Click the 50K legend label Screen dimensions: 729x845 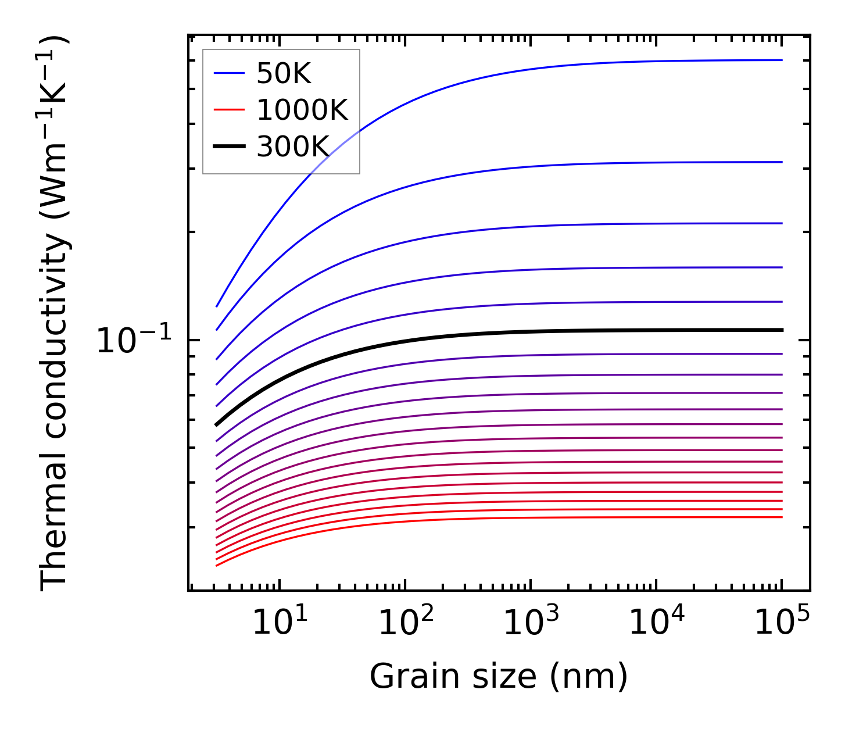point(284,74)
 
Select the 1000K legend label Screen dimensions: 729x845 point(302,110)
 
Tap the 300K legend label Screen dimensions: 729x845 point(293,146)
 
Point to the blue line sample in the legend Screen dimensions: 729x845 point(229,73)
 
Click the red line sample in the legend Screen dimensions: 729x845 point(229,110)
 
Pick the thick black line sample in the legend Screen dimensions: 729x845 point(229,146)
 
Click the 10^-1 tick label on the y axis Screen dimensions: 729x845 point(134,340)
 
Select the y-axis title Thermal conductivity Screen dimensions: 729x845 point(55,314)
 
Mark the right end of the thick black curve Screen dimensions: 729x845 point(782,330)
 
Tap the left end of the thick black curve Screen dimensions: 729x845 point(216,425)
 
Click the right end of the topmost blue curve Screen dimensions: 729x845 point(782,60)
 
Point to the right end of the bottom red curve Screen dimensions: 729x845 point(782,517)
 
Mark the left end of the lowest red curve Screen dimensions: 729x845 point(216,565)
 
